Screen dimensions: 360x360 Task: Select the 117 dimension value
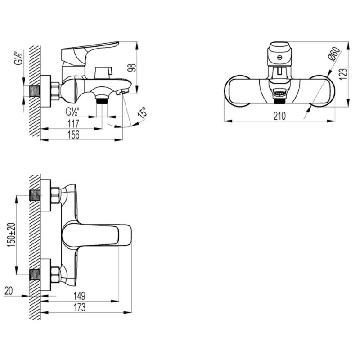[74, 124]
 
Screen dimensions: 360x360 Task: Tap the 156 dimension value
[74, 135]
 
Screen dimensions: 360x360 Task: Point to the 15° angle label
[143, 112]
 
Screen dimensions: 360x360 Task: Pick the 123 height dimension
[343, 74]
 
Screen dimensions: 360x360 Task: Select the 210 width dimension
[279, 116]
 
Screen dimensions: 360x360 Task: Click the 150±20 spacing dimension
[12, 235]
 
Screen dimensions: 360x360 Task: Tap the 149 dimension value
[80, 296]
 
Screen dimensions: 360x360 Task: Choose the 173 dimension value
[80, 307]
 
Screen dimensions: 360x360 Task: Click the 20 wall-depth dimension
[9, 291]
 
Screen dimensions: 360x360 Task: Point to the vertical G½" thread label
[18, 59]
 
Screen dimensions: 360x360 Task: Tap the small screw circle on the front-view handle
[279, 58]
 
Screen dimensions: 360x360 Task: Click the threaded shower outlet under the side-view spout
[102, 101]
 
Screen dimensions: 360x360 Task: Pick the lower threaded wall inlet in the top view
[35, 274]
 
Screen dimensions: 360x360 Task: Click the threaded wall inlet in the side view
[35, 91]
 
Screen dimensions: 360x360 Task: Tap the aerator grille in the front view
[279, 93]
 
